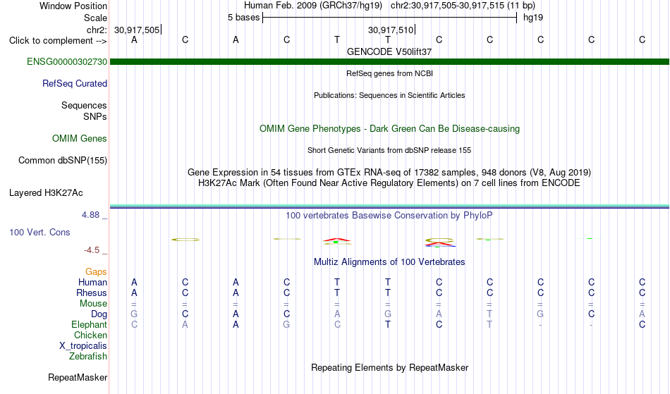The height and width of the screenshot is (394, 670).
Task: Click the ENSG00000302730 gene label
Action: point(67,62)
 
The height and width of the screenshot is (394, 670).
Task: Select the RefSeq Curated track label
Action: point(75,84)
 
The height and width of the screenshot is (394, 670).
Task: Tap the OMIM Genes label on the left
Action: point(80,139)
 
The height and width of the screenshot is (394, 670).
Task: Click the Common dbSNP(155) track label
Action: point(63,161)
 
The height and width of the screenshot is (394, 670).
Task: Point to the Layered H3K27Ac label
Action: point(46,193)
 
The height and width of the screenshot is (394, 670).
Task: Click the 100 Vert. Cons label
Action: point(39,232)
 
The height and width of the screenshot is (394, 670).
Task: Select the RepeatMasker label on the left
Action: point(78,377)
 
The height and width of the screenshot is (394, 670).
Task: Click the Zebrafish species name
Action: point(88,356)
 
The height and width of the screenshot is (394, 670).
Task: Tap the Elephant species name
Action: point(90,324)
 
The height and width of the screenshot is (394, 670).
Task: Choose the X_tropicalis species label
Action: point(83,346)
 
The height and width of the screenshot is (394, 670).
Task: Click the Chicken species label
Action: point(90,335)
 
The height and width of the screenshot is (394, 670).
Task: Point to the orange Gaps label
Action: point(96,272)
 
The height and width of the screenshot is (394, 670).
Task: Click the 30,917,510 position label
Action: point(391,30)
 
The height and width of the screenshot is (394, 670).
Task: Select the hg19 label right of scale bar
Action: point(533,18)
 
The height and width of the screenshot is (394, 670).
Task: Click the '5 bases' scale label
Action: point(243,18)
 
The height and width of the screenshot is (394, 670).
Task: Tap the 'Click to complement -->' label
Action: point(58,41)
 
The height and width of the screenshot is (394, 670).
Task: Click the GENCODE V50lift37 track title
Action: point(389,51)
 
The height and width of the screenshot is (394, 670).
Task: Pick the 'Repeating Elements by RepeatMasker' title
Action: point(390,367)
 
